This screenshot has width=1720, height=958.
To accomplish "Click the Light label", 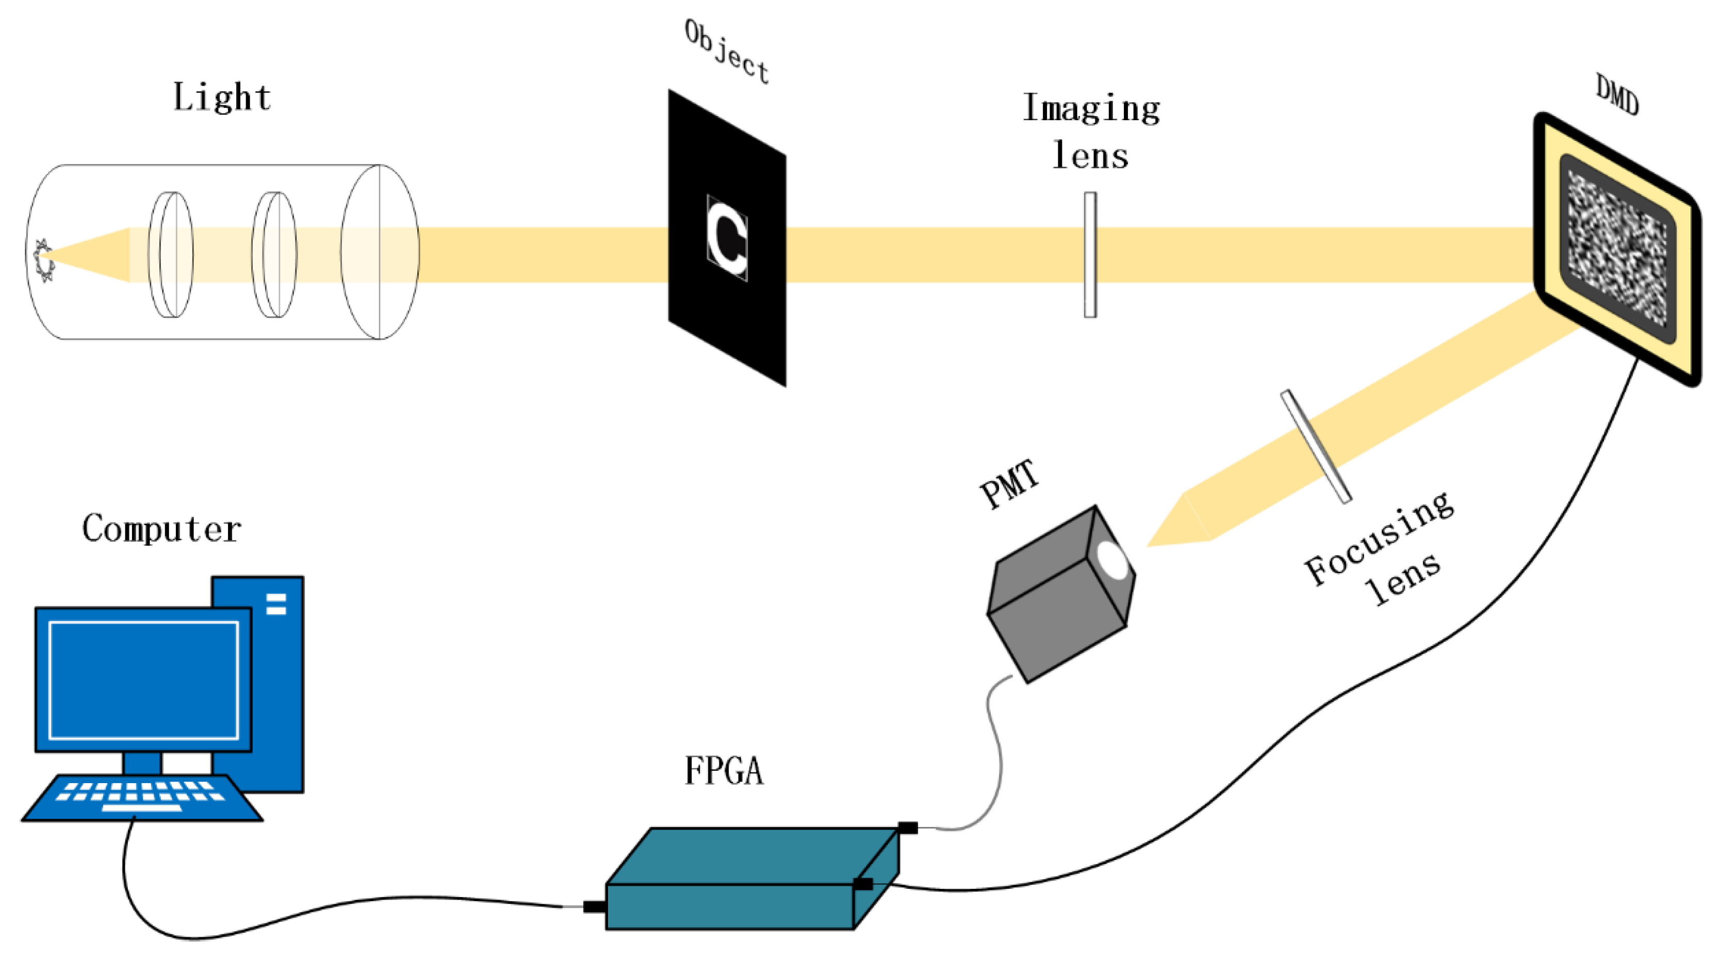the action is tap(222, 97).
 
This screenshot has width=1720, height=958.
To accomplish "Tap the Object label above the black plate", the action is tap(728, 52).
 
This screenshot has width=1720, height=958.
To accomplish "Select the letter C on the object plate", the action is tap(727, 238).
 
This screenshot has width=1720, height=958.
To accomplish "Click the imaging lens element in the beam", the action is tap(1090, 254).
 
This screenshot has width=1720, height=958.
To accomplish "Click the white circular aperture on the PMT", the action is tap(1112, 560).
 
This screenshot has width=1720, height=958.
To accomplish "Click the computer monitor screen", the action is tap(143, 680).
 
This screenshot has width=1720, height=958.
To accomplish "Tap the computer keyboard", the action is tap(141, 797).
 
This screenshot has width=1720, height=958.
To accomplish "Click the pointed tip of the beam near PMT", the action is tap(1147, 546).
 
